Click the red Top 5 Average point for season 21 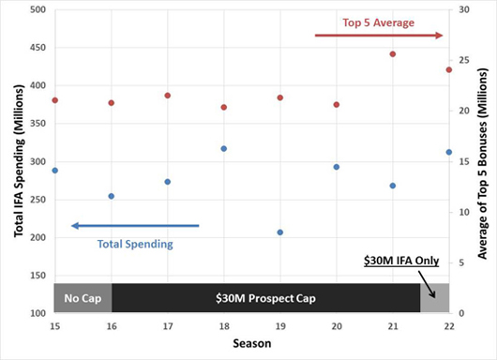click(x=393, y=54)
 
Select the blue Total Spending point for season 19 click(x=280, y=232)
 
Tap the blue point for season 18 click(x=224, y=149)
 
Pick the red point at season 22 click(x=449, y=69)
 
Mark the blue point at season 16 click(x=112, y=196)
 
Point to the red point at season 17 click(x=168, y=96)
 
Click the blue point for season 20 click(x=337, y=167)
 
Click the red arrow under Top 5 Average click(x=379, y=36)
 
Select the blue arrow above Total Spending click(x=135, y=226)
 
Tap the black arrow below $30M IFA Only click(x=427, y=284)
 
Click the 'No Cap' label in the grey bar click(x=83, y=298)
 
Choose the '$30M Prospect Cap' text click(x=265, y=298)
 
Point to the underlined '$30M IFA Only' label click(x=401, y=261)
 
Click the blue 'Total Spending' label click(x=135, y=244)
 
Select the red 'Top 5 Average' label click(x=379, y=22)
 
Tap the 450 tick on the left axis click(x=38, y=48)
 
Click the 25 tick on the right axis click(x=464, y=60)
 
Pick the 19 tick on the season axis click(x=280, y=326)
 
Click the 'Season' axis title click(x=252, y=343)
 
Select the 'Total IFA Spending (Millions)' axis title click(x=19, y=160)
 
